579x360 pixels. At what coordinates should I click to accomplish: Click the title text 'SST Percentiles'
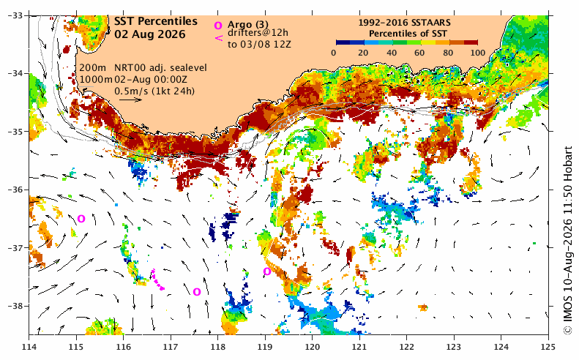[x=155, y=21]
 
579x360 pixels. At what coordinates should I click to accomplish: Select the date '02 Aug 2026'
[x=150, y=34]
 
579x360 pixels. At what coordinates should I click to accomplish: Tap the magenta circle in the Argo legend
[x=218, y=26]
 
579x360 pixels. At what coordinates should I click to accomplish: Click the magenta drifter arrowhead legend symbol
[x=219, y=37]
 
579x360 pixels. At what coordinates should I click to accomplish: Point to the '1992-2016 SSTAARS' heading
[x=404, y=23]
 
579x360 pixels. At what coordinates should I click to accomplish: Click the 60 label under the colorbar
[x=419, y=53]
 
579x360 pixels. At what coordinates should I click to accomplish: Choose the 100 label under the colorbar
[x=478, y=53]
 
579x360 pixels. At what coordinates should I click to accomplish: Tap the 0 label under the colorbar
[x=334, y=53]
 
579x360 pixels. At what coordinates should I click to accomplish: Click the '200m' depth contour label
[x=92, y=68]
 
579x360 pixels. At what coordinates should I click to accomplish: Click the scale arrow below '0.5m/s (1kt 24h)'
[x=131, y=100]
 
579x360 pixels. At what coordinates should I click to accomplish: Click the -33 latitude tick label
[x=15, y=15]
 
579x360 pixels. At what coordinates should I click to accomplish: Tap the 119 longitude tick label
[x=265, y=347]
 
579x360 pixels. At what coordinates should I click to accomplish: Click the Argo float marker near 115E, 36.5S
[x=81, y=219]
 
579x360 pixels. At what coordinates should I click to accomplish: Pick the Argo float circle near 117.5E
[x=197, y=292]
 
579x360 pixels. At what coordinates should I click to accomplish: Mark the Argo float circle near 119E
[x=267, y=271]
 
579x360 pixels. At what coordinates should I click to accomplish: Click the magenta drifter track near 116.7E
[x=157, y=280]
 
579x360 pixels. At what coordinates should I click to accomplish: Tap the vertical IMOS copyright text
[x=567, y=241]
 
